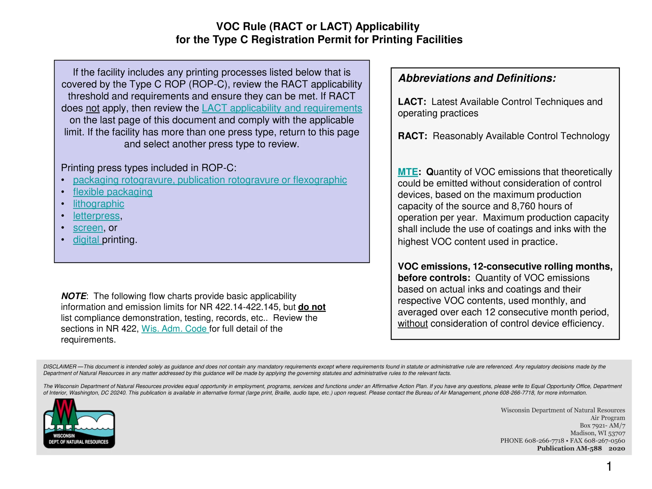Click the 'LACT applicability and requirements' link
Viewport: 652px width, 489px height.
[282, 108]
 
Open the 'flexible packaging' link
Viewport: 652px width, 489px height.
[113, 192]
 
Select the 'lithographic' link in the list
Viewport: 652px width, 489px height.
[98, 204]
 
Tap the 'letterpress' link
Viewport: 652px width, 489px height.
[96, 216]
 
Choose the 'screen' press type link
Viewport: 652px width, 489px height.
[88, 228]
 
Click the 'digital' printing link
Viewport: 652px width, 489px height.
[86, 240]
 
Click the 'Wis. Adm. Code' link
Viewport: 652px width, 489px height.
[174, 329]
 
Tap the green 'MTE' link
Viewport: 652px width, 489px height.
[407, 172]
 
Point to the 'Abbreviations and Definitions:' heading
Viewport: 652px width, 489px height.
[477, 78]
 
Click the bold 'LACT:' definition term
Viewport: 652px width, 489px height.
[412, 102]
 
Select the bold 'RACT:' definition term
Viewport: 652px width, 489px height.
[412, 136]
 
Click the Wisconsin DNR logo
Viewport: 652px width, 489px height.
[79, 424]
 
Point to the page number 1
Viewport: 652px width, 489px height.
[609, 466]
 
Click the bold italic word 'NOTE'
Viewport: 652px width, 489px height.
[74, 296]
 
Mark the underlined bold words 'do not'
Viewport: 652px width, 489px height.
[312, 307]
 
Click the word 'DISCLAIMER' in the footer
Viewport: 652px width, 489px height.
[60, 367]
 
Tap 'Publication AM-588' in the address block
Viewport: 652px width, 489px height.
[569, 448]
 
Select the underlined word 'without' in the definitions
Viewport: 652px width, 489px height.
[413, 323]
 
